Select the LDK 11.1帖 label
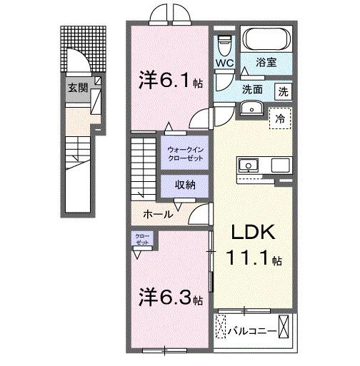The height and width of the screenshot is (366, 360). pyautogui.click(x=253, y=245)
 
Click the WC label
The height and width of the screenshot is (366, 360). pyautogui.click(x=225, y=63)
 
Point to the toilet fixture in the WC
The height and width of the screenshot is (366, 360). pyautogui.click(x=225, y=44)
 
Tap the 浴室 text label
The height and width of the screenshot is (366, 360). pyautogui.click(x=267, y=63)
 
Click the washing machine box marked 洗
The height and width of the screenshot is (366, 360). pyautogui.click(x=284, y=91)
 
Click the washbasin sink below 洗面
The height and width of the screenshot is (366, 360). pyautogui.click(x=251, y=108)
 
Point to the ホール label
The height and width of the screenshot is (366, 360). pyautogui.click(x=157, y=213)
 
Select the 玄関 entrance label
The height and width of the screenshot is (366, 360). pyautogui.click(x=77, y=88)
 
